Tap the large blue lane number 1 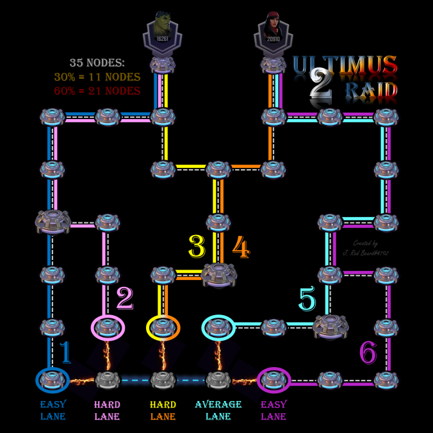click(65, 353)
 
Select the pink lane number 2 click(124, 298)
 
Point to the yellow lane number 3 click(197, 247)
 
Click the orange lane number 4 click(240, 247)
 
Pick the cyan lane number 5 click(307, 299)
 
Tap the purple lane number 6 click(367, 352)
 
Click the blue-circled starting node click(52, 380)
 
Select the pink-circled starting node click(108, 327)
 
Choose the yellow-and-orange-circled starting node click(163, 327)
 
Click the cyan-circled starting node click(218, 327)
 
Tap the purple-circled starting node click(274, 380)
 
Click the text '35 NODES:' click(97, 63)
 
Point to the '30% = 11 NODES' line click(97, 77)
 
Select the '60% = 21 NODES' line click(97, 90)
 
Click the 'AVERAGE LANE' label click(218, 410)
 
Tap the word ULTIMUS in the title click(345, 65)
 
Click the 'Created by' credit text click(366, 243)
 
